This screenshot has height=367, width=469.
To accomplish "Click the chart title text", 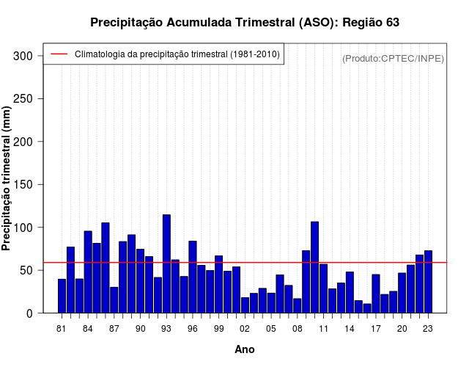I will pos(245,23).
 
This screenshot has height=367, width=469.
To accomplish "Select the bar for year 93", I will pos(166,264).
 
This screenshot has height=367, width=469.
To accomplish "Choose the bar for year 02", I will pos(245,305).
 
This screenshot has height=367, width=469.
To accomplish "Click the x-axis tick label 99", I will pos(218,329).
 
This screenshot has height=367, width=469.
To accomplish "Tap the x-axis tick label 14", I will pos(350,329).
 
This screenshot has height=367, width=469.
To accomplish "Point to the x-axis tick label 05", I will pos(271,329).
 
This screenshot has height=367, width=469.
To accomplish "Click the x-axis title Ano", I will pos(245,350).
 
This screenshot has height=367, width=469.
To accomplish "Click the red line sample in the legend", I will pos(59,54).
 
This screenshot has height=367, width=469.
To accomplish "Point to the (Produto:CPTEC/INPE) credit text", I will pos(393,58).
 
